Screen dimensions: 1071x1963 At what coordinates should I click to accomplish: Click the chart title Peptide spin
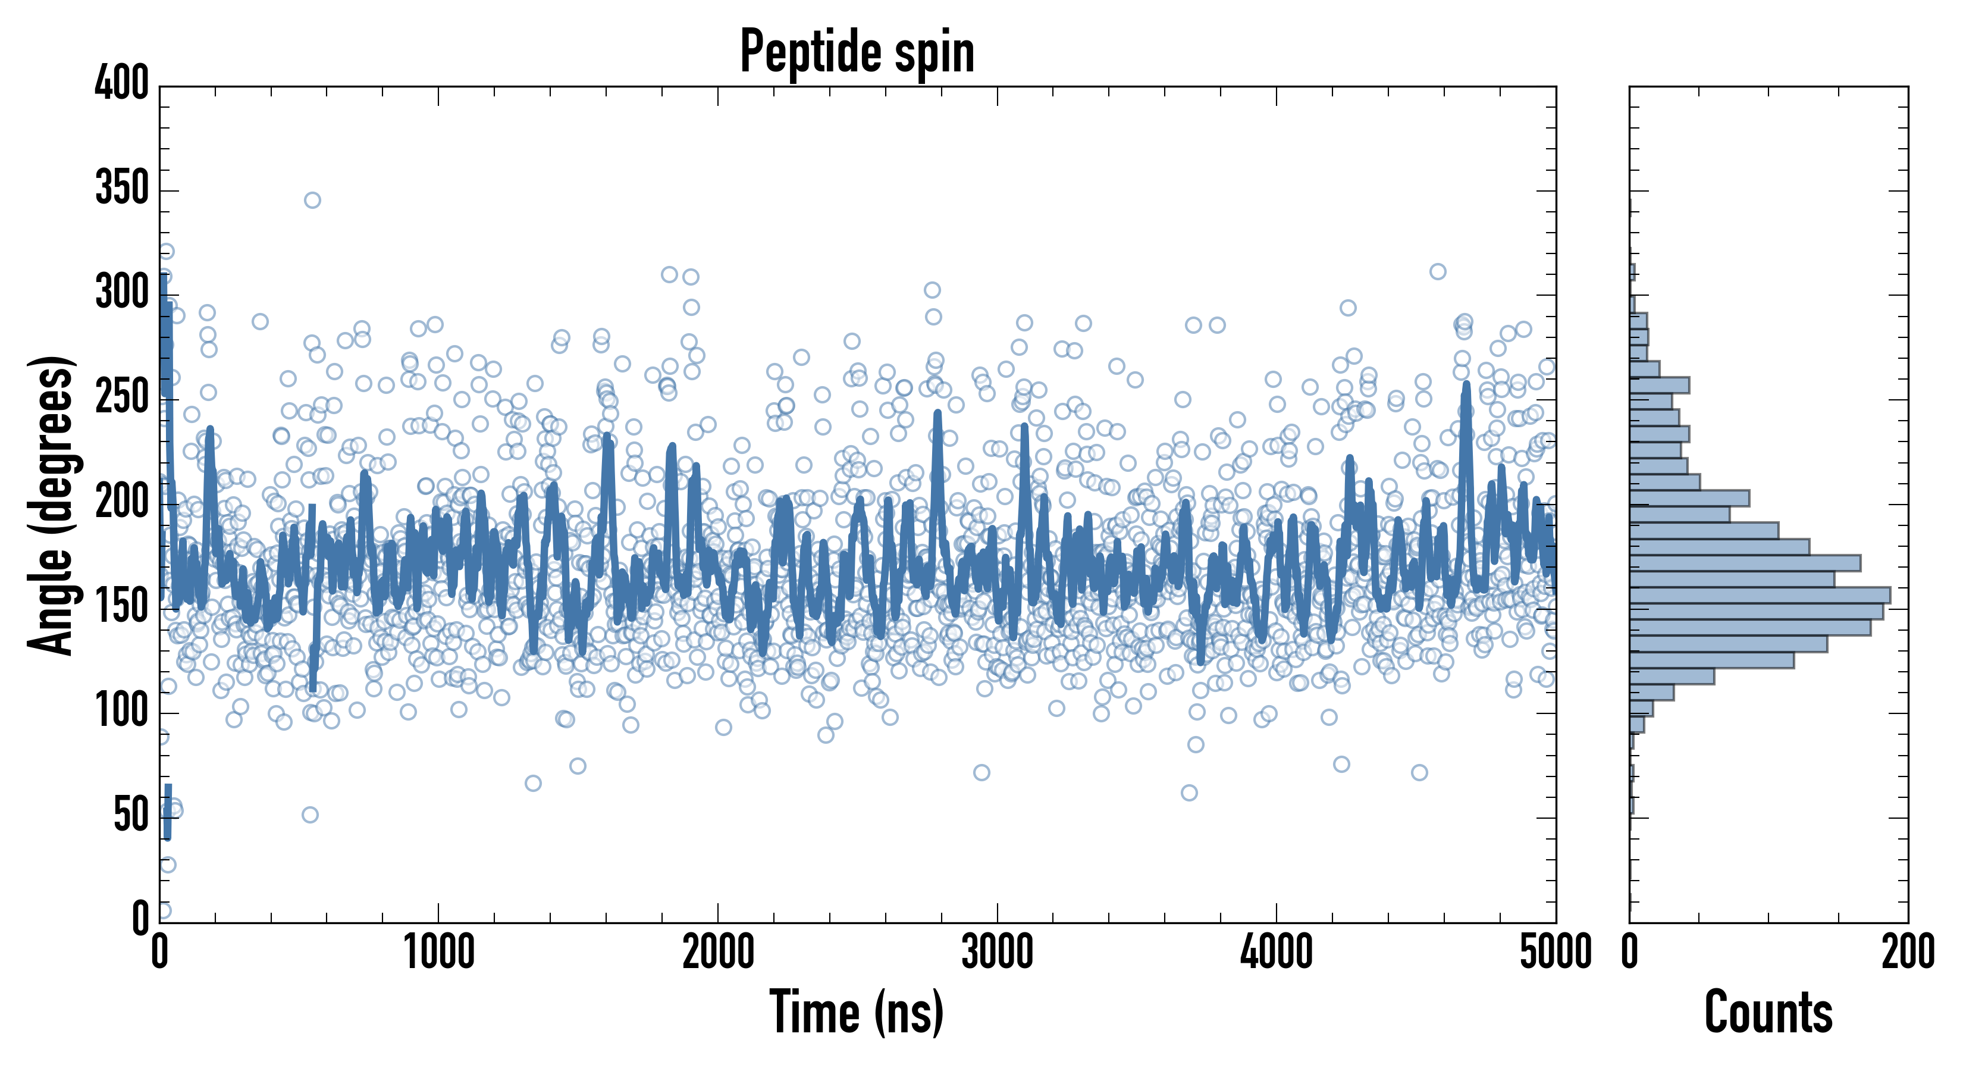[857, 52]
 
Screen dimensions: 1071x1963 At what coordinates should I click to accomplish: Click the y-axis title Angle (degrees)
[52, 505]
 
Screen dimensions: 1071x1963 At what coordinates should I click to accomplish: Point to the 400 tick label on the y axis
[121, 83]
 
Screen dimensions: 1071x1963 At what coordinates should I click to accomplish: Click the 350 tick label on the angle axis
[121, 187]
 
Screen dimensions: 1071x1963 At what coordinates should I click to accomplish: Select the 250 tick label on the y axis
[121, 397]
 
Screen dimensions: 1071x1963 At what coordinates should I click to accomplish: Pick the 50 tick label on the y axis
[131, 816]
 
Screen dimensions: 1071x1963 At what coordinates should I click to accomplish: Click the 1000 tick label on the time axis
[439, 953]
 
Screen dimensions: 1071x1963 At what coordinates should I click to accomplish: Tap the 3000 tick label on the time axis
[997, 953]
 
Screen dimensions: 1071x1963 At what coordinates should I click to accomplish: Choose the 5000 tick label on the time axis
[1556, 953]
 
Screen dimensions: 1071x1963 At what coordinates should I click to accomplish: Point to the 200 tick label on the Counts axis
[1907, 953]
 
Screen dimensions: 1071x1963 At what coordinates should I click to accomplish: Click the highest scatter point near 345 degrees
[312, 201]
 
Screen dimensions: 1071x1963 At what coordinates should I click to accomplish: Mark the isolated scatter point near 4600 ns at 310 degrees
[1438, 271]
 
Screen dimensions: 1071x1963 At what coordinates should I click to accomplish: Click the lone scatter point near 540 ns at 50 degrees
[310, 815]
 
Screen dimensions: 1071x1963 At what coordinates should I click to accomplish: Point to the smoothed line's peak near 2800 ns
[937, 415]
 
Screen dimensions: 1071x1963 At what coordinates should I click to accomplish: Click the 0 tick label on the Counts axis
[1630, 953]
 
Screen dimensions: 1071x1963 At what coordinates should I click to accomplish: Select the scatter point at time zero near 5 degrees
[162, 911]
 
